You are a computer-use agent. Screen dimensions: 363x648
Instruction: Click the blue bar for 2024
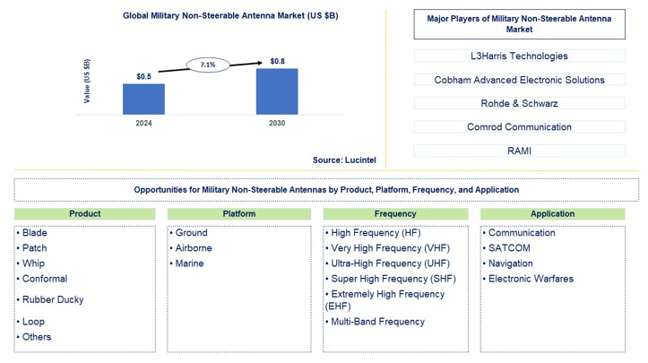point(143,99)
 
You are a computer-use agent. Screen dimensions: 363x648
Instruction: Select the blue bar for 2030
point(277,91)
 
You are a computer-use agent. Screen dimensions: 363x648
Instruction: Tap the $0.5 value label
point(143,76)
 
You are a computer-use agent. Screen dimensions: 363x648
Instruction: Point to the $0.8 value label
point(279,61)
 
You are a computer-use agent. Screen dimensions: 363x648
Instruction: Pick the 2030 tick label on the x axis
point(277,123)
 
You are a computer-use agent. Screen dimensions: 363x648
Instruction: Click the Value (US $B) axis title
point(87,80)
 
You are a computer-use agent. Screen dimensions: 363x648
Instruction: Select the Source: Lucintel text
point(345,160)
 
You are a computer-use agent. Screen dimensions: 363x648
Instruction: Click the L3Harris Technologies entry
point(512,56)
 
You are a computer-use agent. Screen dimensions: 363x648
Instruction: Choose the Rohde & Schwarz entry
point(512,103)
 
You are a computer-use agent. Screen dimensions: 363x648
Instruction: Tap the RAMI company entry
point(512,151)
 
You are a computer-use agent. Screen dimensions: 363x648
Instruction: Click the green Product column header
point(85,214)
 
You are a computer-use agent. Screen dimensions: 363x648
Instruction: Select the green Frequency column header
point(395,214)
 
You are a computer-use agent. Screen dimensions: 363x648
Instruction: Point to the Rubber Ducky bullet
point(52,299)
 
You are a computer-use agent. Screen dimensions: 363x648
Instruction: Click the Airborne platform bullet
point(195,248)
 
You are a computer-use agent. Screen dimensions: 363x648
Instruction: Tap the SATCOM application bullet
point(509,248)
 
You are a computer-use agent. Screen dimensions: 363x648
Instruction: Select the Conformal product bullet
point(44,279)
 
